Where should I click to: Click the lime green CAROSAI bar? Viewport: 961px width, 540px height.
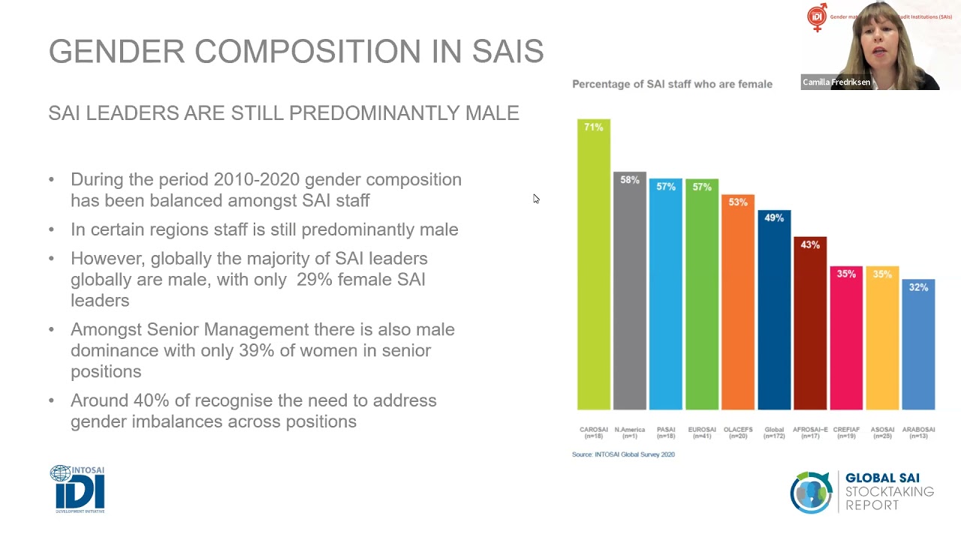point(594,270)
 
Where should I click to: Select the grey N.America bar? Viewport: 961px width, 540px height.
point(629,292)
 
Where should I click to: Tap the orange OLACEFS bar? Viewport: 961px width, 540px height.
point(738,307)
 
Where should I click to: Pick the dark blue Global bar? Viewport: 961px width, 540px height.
point(774,315)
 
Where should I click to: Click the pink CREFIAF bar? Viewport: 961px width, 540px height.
point(846,341)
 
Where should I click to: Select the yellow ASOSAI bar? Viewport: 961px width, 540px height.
point(882,341)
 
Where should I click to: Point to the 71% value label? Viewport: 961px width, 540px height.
point(594,127)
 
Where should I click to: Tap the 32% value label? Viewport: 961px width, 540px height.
point(918,287)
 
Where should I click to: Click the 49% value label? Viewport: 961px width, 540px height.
point(774,218)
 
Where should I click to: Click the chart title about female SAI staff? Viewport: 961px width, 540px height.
point(672,84)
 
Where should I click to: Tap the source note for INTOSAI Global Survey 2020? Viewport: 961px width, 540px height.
point(623,454)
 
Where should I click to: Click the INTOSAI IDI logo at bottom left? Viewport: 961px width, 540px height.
point(77,489)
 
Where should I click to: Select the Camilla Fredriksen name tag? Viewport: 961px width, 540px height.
point(836,82)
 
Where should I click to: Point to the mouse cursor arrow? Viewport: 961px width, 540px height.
point(535,199)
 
